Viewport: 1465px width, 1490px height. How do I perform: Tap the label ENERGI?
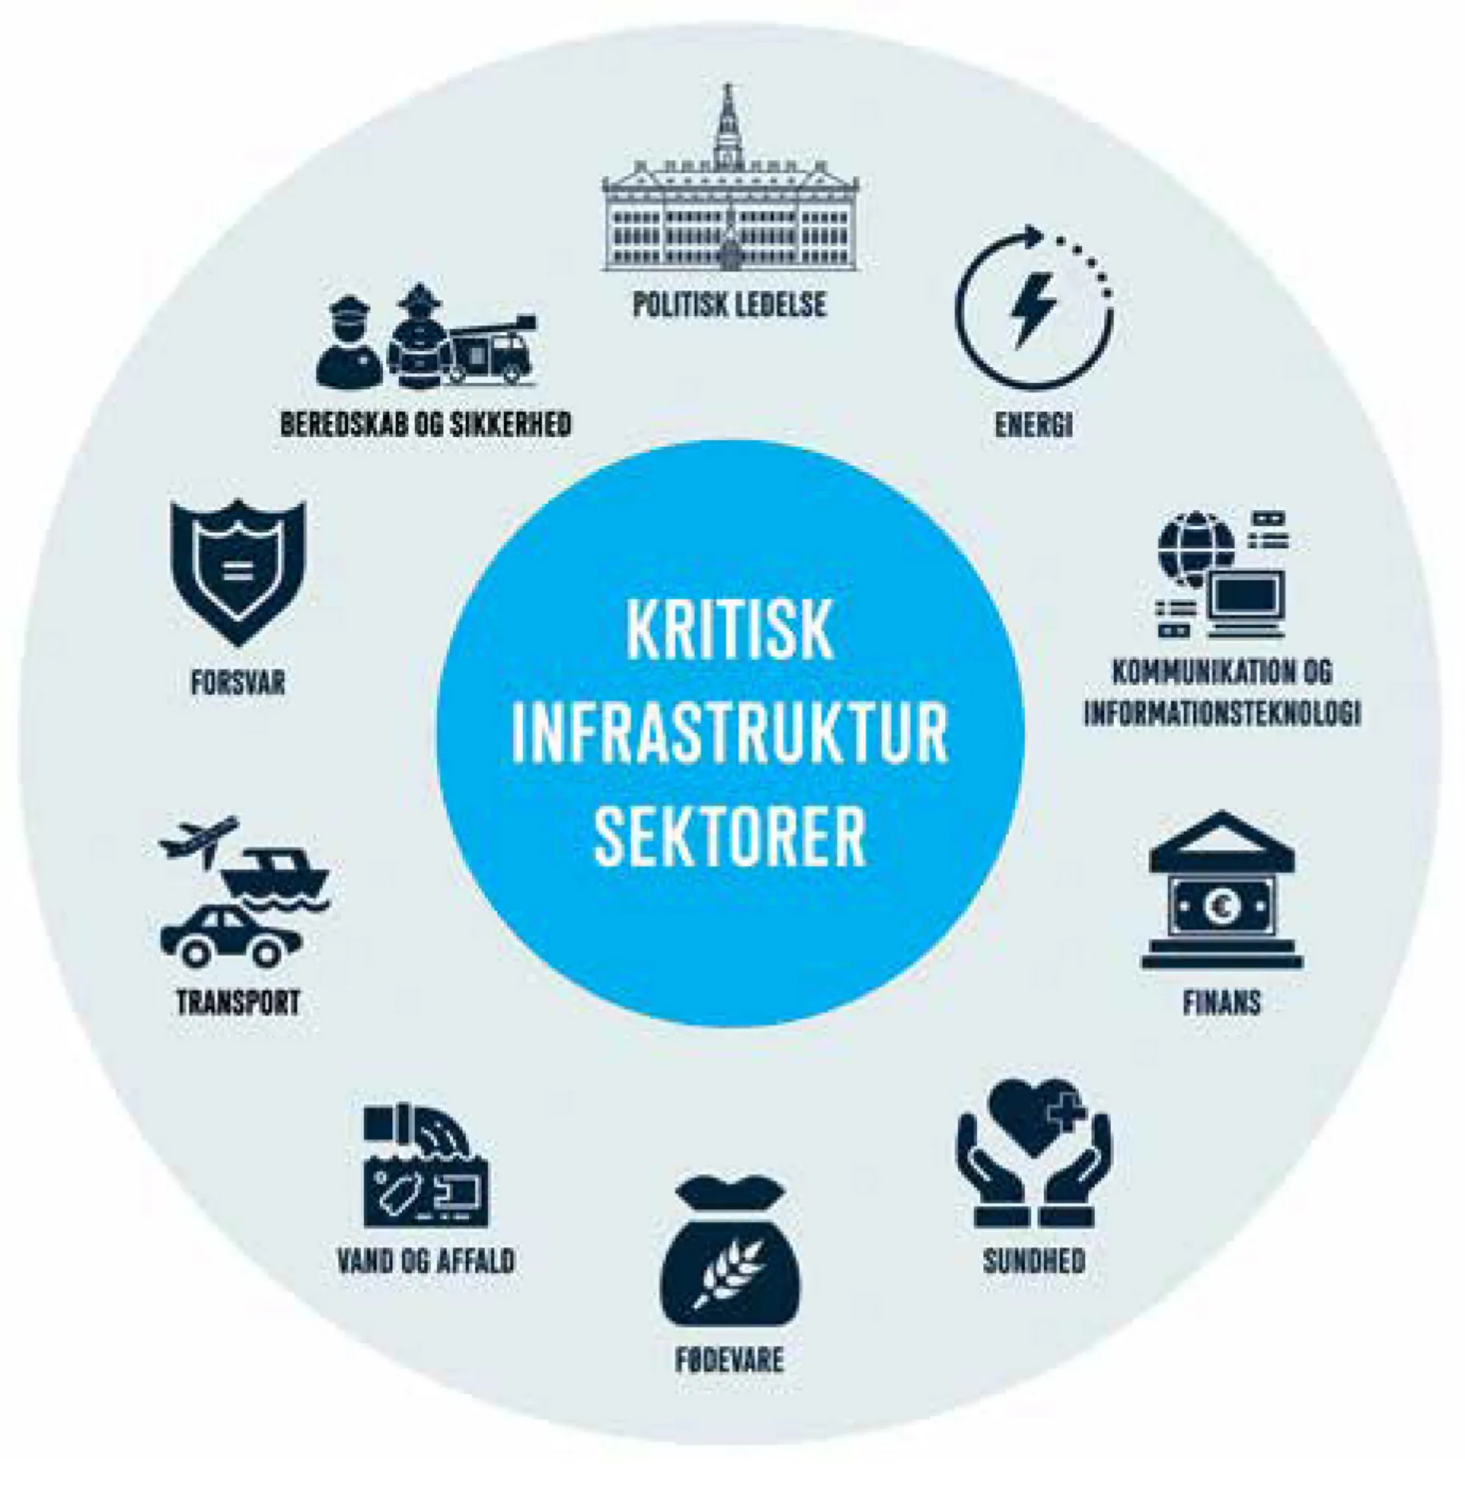point(1034,425)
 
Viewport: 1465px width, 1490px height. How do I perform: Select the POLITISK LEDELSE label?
point(730,305)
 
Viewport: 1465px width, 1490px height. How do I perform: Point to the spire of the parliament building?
point(727,123)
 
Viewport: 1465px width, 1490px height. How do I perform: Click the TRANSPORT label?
point(238,1003)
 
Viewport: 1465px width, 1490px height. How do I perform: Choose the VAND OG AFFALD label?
point(426,1261)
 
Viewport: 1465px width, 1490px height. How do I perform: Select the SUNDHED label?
point(1034,1261)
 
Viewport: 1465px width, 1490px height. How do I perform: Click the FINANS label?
point(1222,1003)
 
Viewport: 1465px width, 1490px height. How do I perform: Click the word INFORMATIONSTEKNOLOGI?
point(1222,713)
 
